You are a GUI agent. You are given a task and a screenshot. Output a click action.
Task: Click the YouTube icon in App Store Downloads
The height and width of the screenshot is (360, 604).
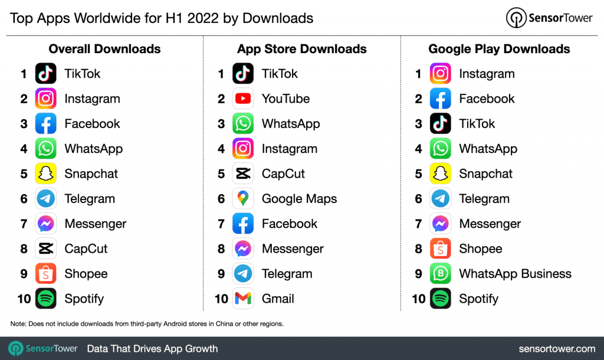(x=243, y=99)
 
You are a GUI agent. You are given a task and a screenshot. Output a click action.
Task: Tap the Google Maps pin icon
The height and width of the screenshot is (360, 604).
(x=243, y=199)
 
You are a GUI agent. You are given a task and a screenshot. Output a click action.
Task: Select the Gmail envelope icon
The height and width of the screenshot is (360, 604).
(x=243, y=299)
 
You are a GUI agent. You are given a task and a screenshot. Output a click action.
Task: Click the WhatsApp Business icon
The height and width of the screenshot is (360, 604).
(x=441, y=274)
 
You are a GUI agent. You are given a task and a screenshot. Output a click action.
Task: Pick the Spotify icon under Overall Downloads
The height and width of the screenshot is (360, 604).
(x=46, y=299)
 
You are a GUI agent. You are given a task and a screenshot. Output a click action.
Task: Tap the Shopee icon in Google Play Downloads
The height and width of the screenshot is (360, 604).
(x=441, y=249)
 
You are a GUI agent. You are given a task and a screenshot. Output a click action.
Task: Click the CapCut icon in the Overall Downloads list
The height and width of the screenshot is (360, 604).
(x=46, y=249)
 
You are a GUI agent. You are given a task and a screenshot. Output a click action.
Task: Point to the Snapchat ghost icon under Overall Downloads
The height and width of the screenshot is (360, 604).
(x=46, y=174)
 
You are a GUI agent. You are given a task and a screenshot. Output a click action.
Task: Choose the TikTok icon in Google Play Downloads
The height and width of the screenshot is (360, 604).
(x=441, y=123)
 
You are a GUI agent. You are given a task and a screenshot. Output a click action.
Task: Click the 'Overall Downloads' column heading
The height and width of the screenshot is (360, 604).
(x=104, y=49)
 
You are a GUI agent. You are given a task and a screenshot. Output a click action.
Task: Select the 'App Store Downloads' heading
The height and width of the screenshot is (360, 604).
(x=302, y=49)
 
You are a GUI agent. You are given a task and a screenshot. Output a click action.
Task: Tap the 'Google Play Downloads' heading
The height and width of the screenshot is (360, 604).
(x=499, y=49)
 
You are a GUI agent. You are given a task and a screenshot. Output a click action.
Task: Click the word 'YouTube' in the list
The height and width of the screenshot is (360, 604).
(x=285, y=99)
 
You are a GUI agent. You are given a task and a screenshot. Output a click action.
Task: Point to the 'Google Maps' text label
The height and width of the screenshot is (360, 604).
(x=299, y=199)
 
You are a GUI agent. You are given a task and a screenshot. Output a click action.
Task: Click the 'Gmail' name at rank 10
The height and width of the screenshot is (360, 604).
(x=278, y=299)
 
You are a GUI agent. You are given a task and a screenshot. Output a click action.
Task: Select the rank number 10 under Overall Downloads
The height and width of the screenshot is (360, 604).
(x=24, y=299)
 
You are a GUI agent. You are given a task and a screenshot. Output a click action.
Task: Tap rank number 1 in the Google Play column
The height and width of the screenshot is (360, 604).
(x=418, y=74)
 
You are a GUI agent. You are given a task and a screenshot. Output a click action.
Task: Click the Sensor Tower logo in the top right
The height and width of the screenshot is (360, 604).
(x=549, y=18)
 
